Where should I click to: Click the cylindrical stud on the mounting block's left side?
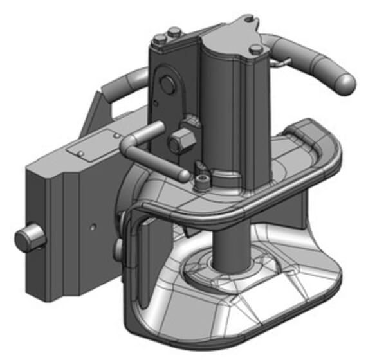[29, 239]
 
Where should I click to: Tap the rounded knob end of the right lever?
[344, 80]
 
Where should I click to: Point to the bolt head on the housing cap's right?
[256, 50]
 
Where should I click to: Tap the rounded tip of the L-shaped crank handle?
[183, 174]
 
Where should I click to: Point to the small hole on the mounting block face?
[94, 227]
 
